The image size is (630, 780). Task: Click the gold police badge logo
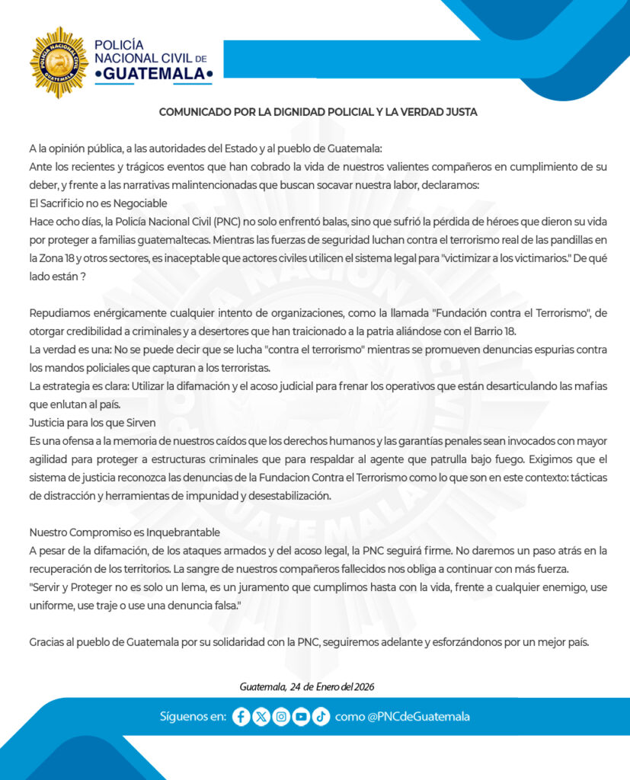coord(59,62)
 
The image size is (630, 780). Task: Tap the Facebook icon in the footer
coord(241,717)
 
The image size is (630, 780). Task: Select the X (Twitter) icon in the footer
coord(261,717)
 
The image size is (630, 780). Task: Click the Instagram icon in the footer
coord(280,717)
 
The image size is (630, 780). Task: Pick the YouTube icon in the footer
coord(300,717)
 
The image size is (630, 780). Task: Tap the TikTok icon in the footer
coord(320,717)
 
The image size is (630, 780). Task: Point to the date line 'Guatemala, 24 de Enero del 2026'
coord(306,686)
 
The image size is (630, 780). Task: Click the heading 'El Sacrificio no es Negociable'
coord(98,203)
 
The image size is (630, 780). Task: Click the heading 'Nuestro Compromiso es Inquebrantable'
coord(125,532)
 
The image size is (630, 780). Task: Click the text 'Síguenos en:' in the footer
coord(193,717)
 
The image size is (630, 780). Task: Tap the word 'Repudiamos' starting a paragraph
coord(58,313)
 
